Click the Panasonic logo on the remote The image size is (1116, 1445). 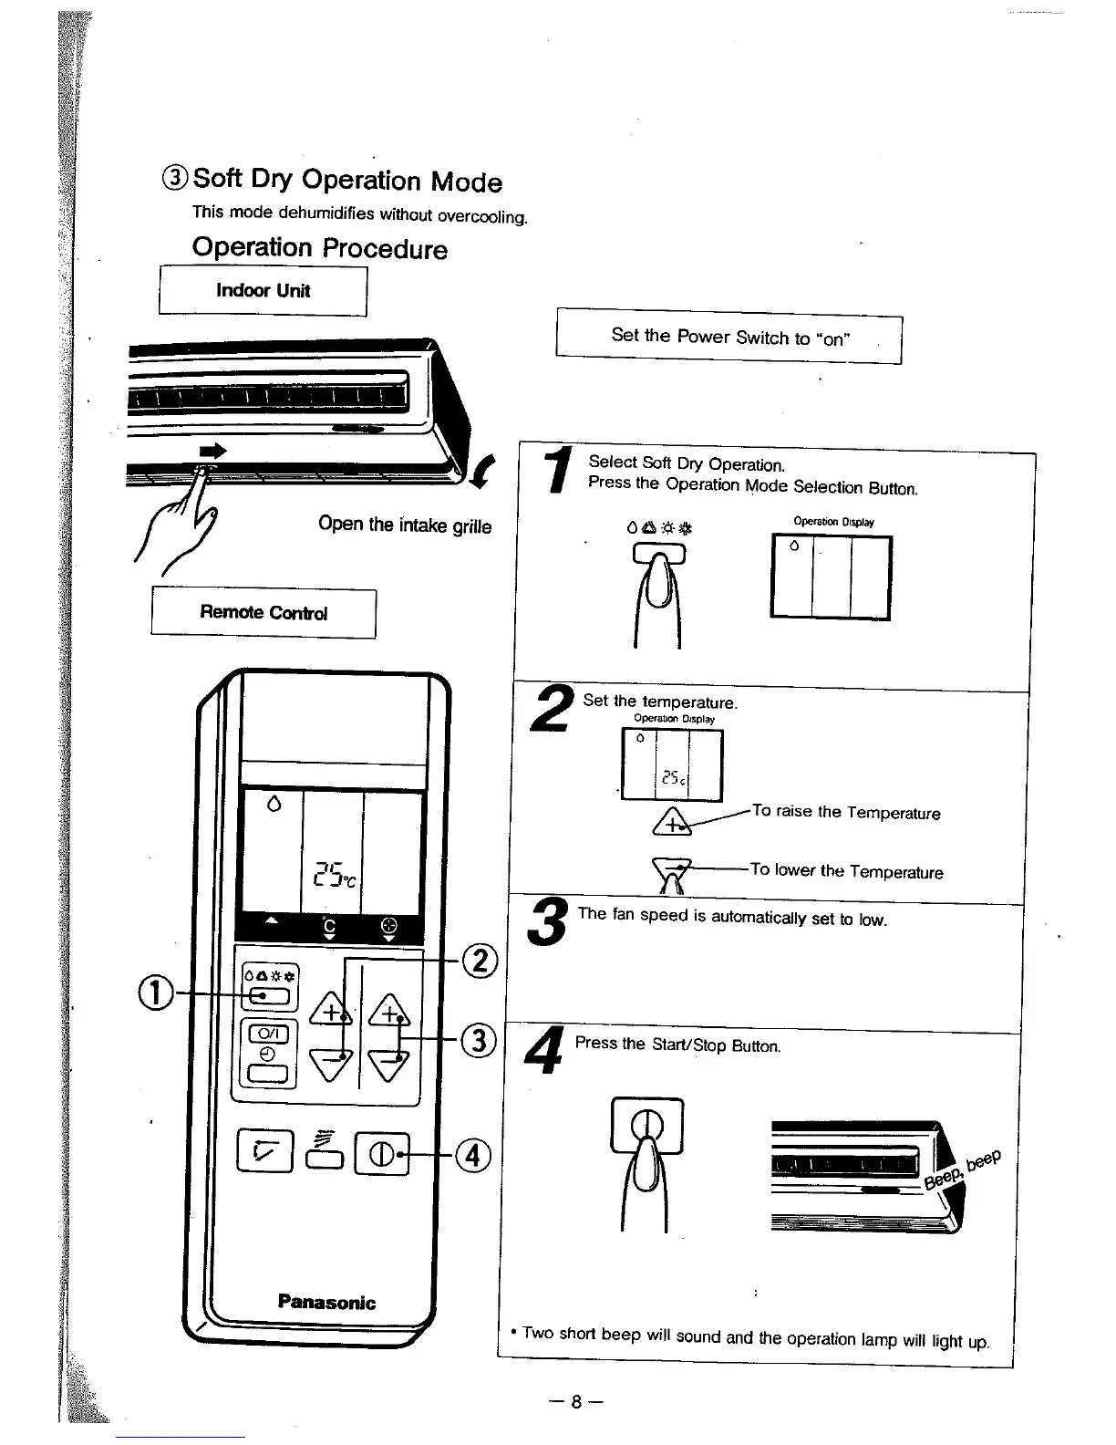pyautogui.click(x=326, y=1302)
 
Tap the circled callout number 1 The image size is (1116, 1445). pyautogui.click(x=157, y=993)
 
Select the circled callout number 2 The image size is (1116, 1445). pyautogui.click(x=480, y=962)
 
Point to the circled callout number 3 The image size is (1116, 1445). pyautogui.click(x=479, y=1039)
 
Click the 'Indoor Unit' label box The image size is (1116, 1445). pyautogui.click(x=263, y=291)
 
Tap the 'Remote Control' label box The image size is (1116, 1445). pyautogui.click(x=263, y=613)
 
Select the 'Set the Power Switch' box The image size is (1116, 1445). pyautogui.click(x=729, y=337)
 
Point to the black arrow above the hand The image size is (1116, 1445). pyautogui.click(x=212, y=451)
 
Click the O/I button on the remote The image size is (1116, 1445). pyautogui.click(x=268, y=1034)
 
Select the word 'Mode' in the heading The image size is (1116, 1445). pyautogui.click(x=466, y=182)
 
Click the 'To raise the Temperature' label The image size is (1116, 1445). pyautogui.click(x=846, y=812)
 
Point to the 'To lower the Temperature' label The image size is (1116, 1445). pyautogui.click(x=846, y=871)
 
